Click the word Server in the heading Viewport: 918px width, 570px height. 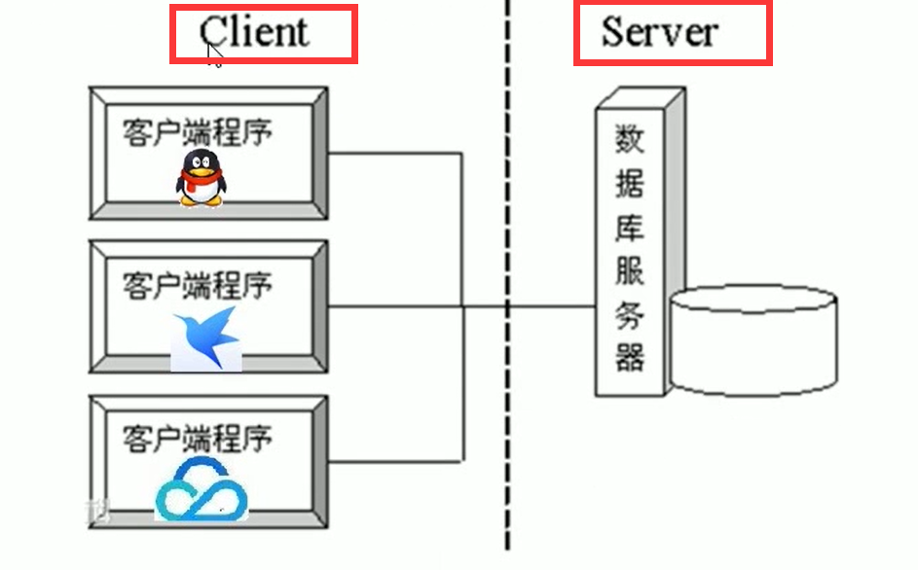tap(659, 31)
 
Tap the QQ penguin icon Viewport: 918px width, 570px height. tap(201, 178)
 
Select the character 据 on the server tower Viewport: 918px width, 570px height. tap(629, 184)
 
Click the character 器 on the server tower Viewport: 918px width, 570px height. tap(629, 356)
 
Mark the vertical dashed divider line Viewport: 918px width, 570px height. tap(507, 195)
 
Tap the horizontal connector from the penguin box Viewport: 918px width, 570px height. tap(394, 153)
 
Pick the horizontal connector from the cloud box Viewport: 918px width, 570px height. tap(394, 461)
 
